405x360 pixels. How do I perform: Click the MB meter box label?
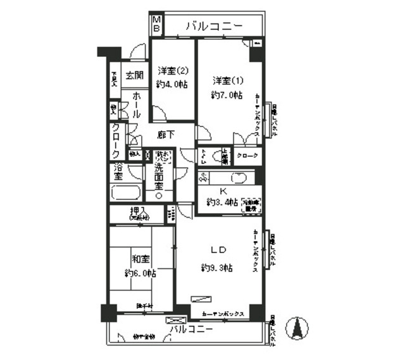coord(156,25)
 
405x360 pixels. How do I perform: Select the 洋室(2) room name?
coord(172,71)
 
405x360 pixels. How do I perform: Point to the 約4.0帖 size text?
coord(173,85)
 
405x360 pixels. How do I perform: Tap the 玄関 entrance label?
coord(134,75)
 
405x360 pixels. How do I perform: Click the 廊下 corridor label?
coord(167,134)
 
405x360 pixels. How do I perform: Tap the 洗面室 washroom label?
coord(159,179)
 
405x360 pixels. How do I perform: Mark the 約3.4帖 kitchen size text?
coord(222,202)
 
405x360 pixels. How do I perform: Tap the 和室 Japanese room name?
coord(140,259)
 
